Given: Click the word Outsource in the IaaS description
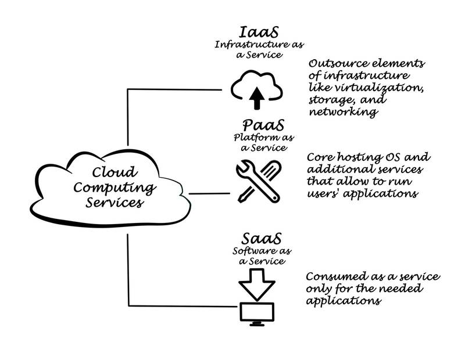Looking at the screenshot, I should tap(333, 64).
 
